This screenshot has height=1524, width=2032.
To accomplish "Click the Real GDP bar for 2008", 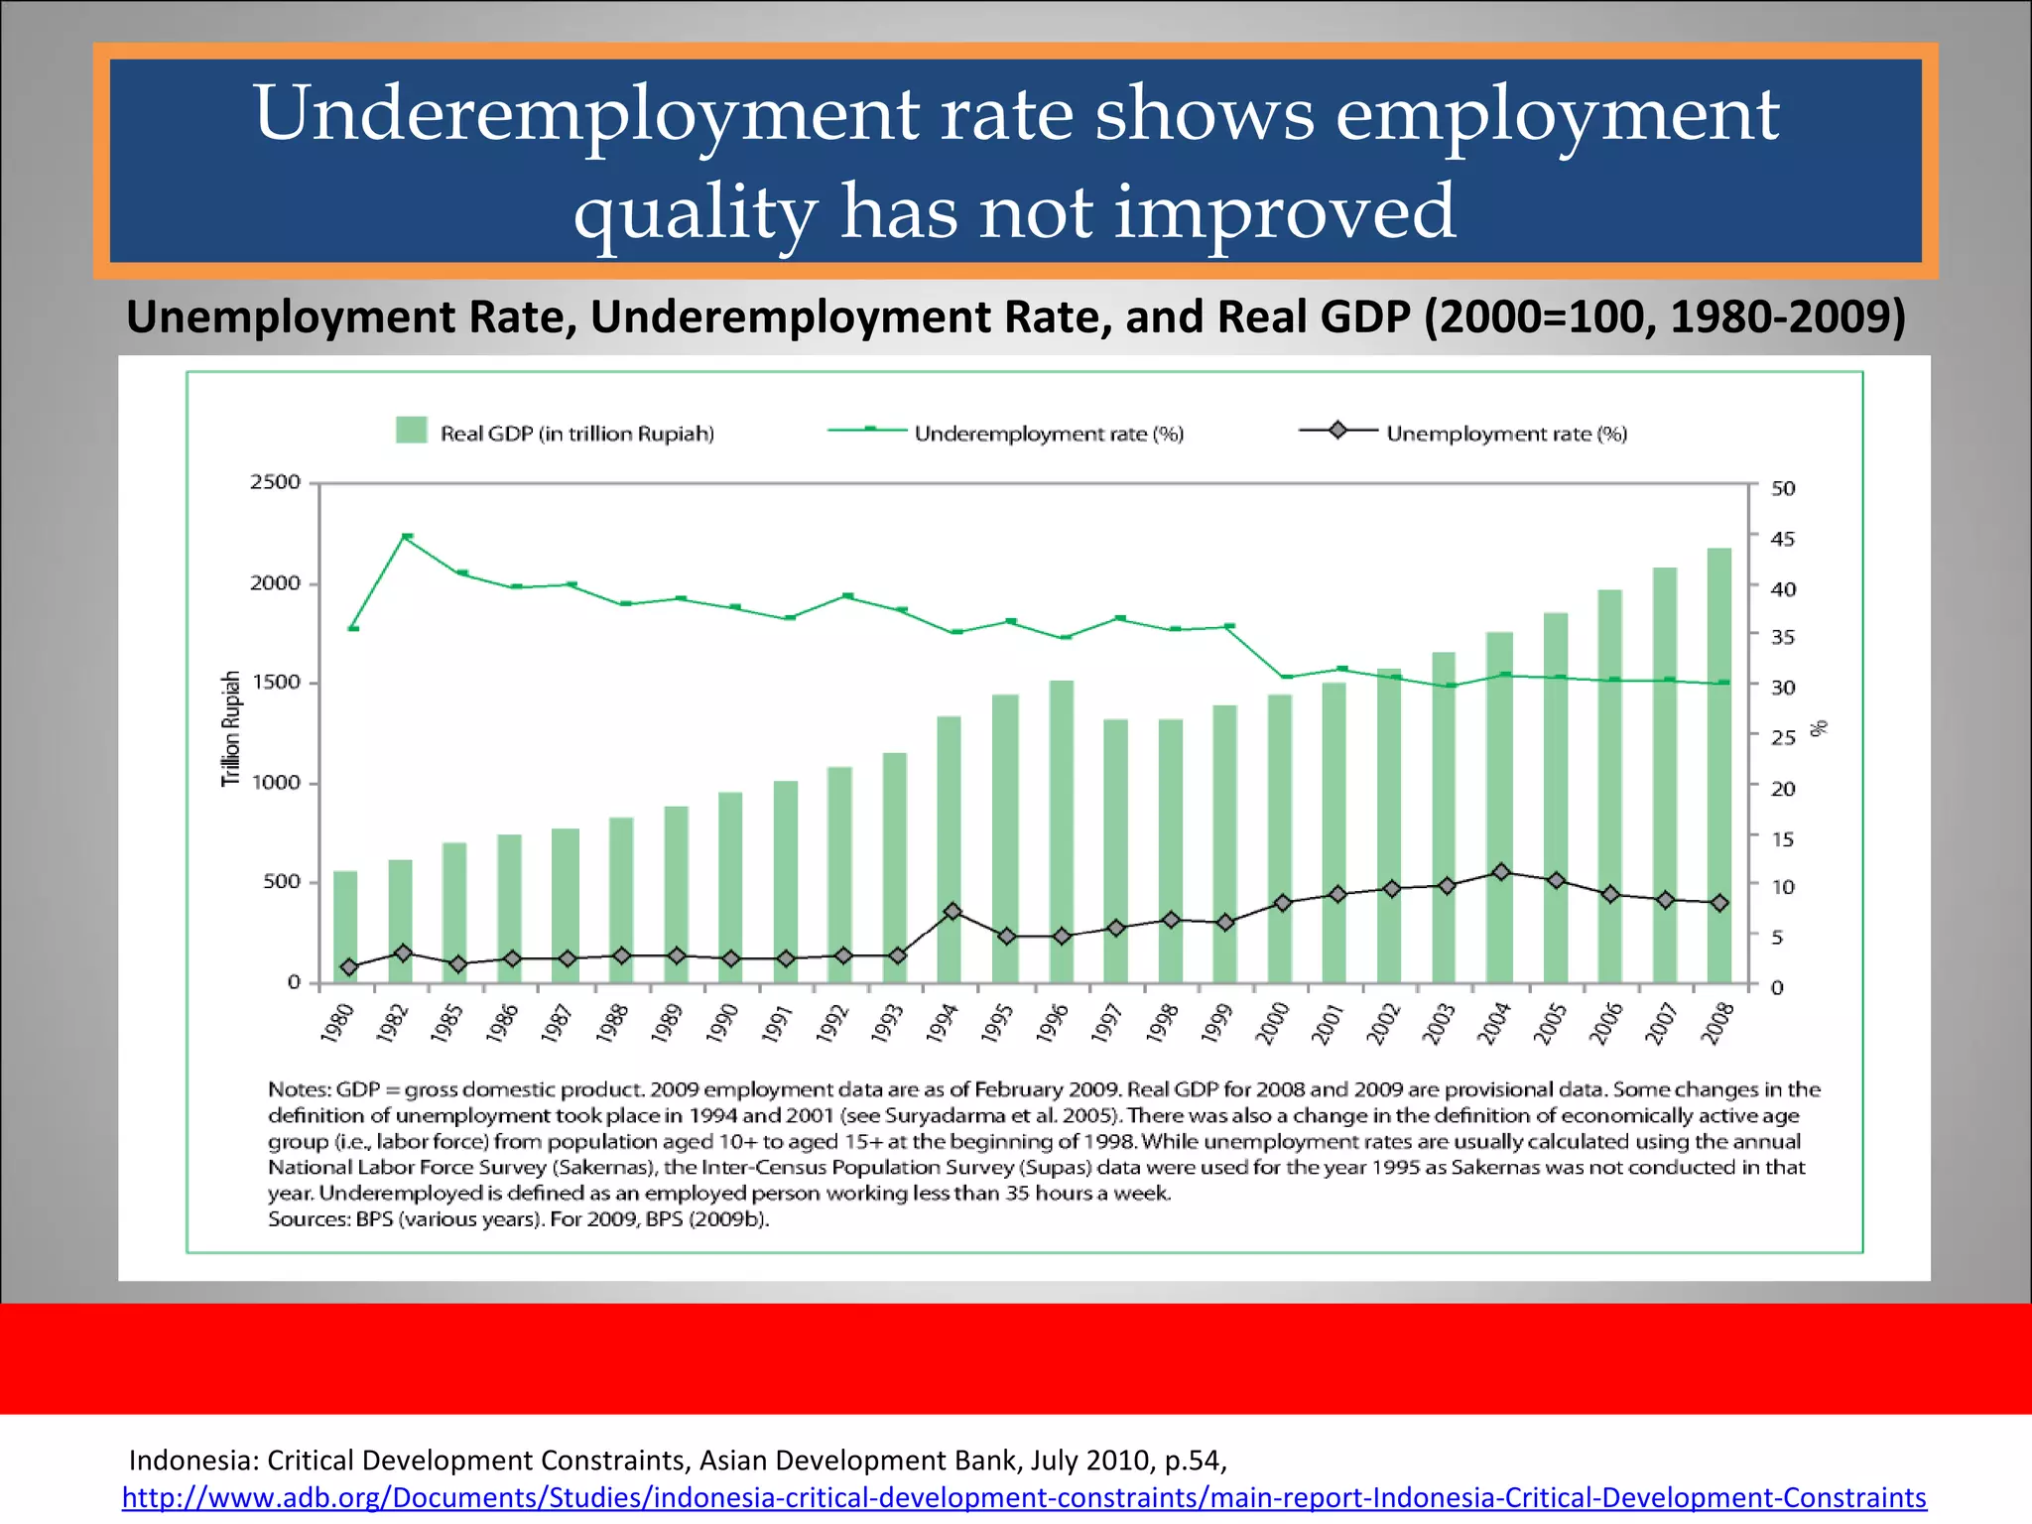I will [1718, 765].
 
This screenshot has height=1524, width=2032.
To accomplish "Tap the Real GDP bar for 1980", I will [345, 927].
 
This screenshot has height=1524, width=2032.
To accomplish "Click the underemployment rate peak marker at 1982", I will [407, 537].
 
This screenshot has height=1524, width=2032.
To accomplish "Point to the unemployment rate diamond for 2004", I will [1501, 872].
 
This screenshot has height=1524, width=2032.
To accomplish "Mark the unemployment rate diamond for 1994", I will [952, 911].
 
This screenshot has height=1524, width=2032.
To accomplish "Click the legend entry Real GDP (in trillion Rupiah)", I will [556, 434].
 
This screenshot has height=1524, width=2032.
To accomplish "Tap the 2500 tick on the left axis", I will [275, 482].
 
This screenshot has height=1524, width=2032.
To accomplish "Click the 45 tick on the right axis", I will [1783, 539].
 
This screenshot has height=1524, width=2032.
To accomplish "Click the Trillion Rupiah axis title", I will [231, 729].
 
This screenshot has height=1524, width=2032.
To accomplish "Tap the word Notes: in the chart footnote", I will [299, 1089].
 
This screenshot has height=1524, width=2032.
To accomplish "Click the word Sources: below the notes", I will [309, 1219].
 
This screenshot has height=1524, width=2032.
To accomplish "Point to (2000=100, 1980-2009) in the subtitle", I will [1664, 317].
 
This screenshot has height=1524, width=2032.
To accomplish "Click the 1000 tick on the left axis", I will [275, 783].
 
